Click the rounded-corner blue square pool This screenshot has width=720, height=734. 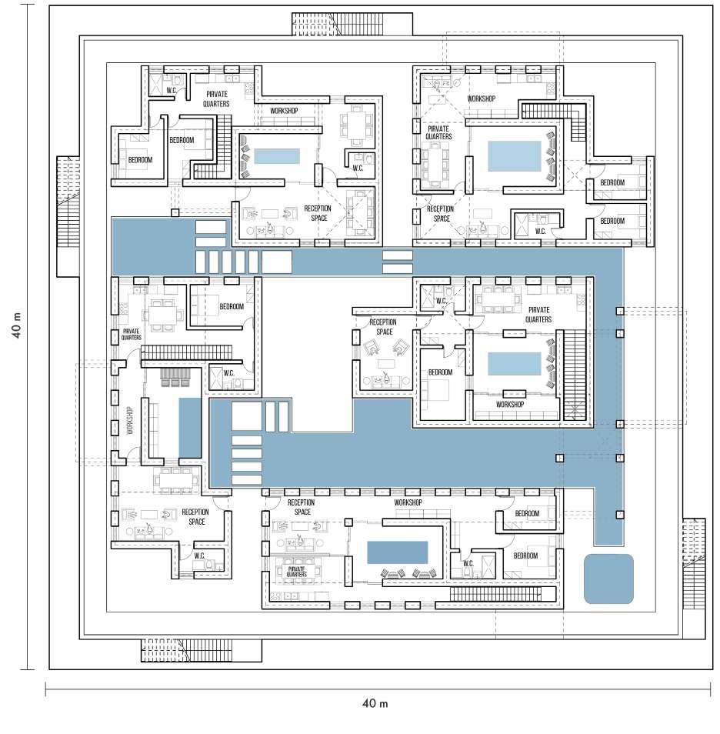(x=608, y=579)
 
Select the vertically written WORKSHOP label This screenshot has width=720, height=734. (x=129, y=422)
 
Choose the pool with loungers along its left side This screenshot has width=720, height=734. (x=277, y=155)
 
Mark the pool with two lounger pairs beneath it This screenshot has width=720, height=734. (x=397, y=552)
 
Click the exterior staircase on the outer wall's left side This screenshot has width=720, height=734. (x=68, y=217)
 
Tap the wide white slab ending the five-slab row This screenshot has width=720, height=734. (x=277, y=262)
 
